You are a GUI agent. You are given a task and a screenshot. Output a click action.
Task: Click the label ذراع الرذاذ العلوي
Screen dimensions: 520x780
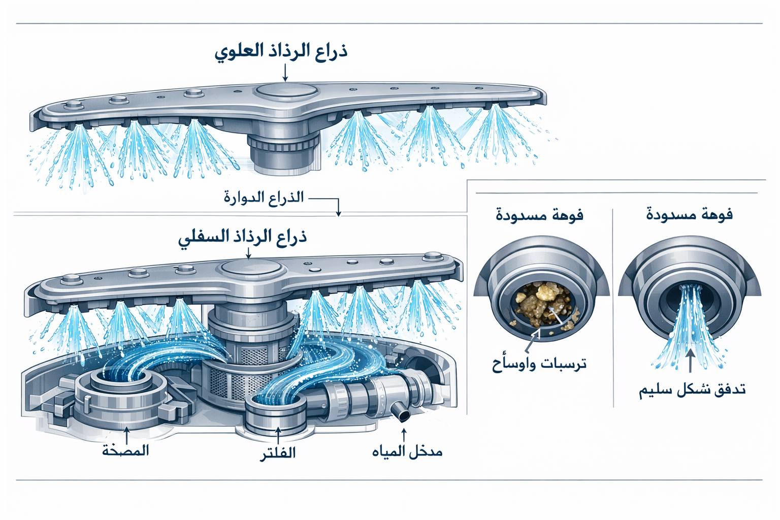[281, 52]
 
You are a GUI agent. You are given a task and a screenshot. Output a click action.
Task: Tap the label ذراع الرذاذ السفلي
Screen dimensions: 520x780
[243, 238]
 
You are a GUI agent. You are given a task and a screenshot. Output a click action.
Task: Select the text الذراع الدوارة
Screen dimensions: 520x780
[264, 197]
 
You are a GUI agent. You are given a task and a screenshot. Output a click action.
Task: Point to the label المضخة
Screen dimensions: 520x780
[125, 450]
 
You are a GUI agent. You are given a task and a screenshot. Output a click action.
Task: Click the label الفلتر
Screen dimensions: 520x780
[278, 452]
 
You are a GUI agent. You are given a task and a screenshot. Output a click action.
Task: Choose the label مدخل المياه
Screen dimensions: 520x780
[407, 451]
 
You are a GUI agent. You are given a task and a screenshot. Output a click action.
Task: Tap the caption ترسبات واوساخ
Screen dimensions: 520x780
[539, 364]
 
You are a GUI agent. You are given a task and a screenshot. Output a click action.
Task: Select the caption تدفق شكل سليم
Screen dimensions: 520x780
[692, 390]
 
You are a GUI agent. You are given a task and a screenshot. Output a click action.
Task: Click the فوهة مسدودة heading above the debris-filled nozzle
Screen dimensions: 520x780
[539, 215]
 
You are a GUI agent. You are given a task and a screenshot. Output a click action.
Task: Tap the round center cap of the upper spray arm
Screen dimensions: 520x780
[287, 92]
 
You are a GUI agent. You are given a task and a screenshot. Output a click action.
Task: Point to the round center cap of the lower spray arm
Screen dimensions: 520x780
[249, 267]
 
